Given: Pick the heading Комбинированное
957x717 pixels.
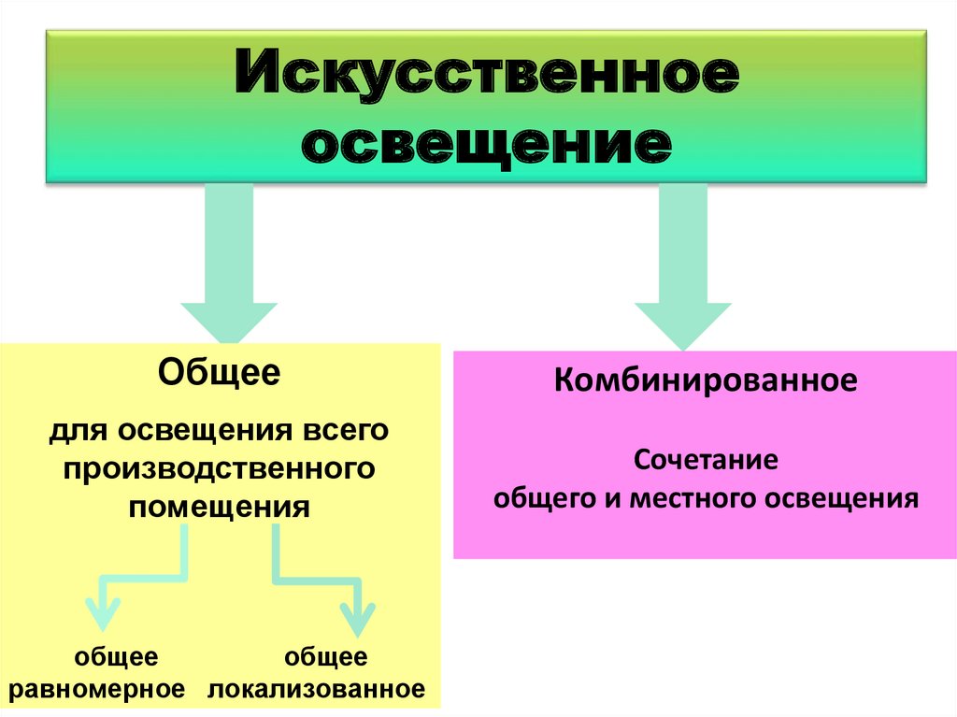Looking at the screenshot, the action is coord(706,381).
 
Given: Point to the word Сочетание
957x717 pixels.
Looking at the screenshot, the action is coord(706,460).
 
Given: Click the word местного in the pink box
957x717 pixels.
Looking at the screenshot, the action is coord(694,497).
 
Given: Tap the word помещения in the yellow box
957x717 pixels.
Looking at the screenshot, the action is coord(220,507).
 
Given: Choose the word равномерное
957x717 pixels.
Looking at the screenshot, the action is coord(96,690).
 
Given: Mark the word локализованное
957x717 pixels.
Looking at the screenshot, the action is coord(318,690).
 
